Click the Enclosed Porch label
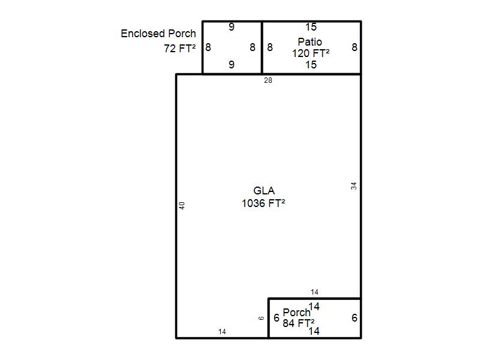[x=158, y=34]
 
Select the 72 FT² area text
[x=179, y=49]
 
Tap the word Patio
[x=310, y=41]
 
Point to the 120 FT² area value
[x=311, y=53]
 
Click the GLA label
[x=264, y=191]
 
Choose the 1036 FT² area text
[x=263, y=203]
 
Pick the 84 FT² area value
[x=298, y=323]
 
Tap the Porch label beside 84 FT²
[x=296, y=313]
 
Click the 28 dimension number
[x=268, y=80]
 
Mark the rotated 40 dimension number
[x=182, y=205]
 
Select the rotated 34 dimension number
[x=354, y=186]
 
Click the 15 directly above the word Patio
[x=311, y=27]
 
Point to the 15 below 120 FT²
[x=311, y=65]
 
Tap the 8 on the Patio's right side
[x=355, y=47]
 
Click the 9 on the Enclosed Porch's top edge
[x=232, y=27]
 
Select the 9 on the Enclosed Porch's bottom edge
[x=232, y=65]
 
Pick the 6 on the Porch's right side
[x=355, y=318]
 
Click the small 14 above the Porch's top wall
[x=314, y=292]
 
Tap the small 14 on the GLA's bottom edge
[x=222, y=332]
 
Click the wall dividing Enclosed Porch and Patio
[x=262, y=47]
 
